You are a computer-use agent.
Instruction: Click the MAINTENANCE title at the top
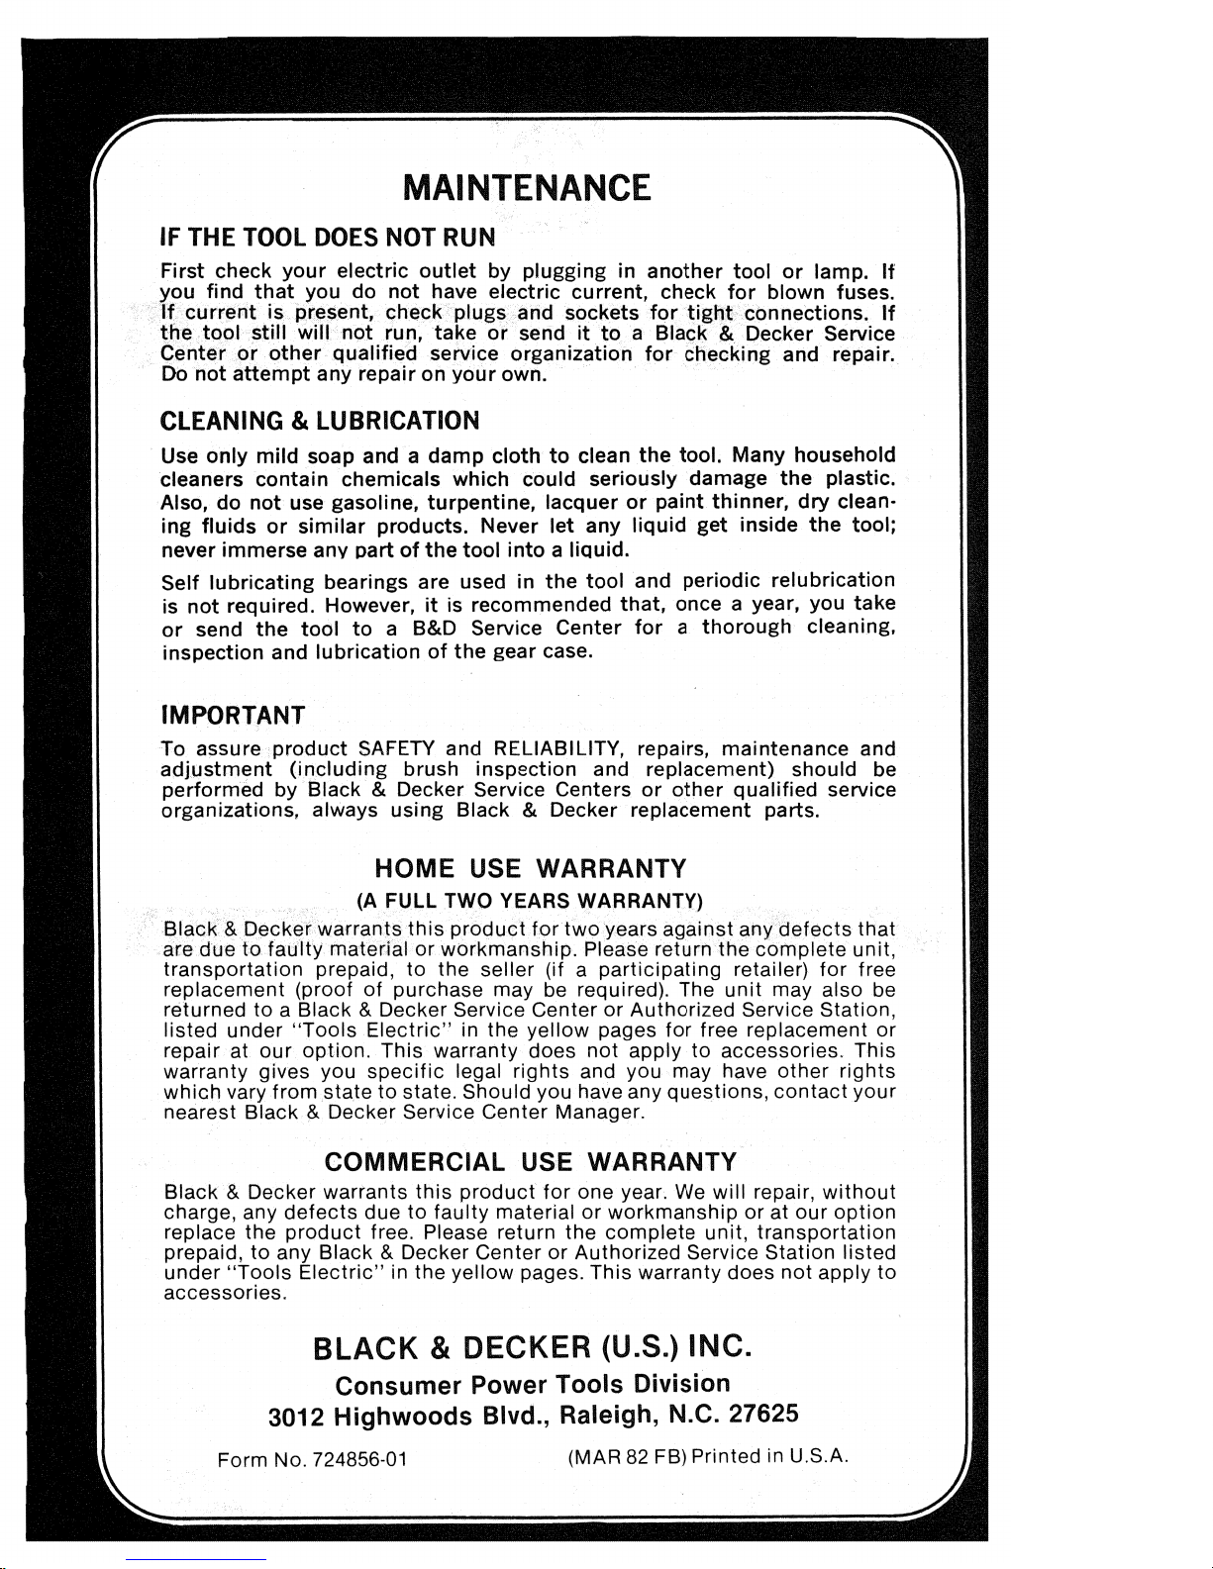click(529, 186)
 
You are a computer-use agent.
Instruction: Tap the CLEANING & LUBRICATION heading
click(320, 421)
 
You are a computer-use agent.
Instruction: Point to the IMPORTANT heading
click(233, 714)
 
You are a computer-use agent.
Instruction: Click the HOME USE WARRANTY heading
click(530, 869)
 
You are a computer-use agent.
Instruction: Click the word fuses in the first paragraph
click(865, 293)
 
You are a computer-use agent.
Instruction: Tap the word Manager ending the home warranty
click(600, 1113)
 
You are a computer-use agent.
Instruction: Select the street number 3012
click(296, 1417)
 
